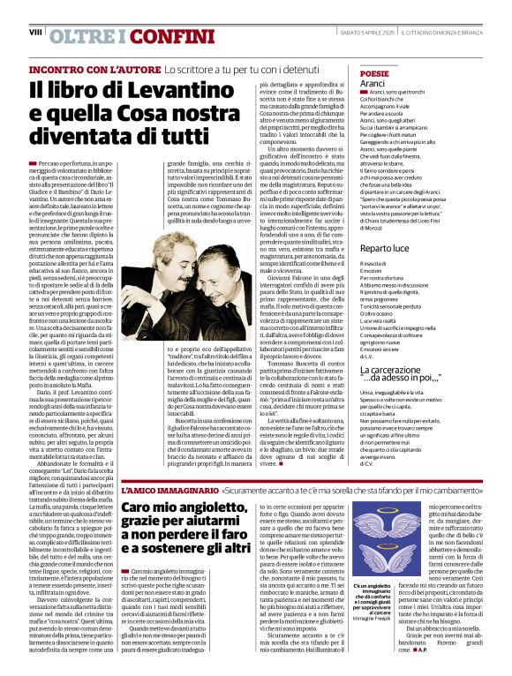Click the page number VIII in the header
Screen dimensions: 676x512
pos(36,32)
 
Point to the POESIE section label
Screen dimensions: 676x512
pos(374,73)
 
